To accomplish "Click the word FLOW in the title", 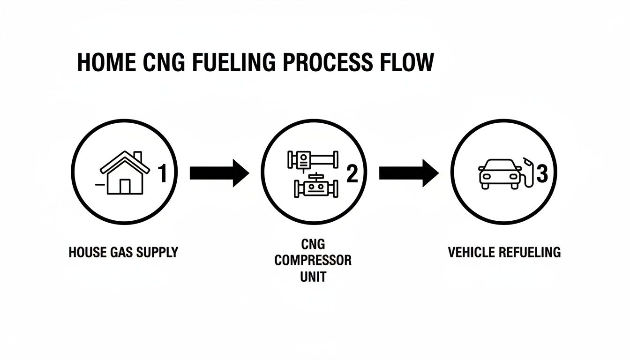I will point(406,63).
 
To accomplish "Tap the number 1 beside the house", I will point(162,174).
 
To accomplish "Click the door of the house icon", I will point(125,186).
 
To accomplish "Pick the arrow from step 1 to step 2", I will point(219,173).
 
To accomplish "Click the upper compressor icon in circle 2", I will point(312,159).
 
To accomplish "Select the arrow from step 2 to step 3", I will point(408,173).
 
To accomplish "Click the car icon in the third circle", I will point(498,174).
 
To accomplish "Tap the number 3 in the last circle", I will point(542,174).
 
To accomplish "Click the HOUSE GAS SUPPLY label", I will point(123,252).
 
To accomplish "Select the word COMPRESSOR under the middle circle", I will point(313,261).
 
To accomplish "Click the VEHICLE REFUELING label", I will point(504,252).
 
